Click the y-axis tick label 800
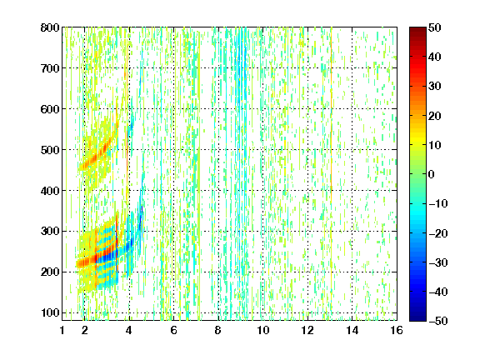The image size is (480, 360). point(50,27)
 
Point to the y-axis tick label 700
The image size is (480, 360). point(50,68)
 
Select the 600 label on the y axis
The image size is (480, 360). point(50,109)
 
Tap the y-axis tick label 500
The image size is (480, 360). point(50,150)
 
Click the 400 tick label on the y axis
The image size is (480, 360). point(50,191)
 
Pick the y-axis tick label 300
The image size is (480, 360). point(50,232)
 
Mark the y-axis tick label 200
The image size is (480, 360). point(50,272)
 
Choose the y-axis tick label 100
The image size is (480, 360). point(50,312)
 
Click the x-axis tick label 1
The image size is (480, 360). point(62,330)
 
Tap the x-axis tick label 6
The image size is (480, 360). point(173,330)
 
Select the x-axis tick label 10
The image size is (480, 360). point(263,330)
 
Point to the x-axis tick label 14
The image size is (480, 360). point(352,330)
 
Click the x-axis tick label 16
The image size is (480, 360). point(397,330)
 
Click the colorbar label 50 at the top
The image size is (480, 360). point(435,27)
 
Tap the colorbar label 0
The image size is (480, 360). point(432,174)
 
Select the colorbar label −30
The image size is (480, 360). point(438,262)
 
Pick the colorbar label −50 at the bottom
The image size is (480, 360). point(438,321)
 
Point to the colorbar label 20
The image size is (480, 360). point(435,116)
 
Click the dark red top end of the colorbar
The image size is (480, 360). point(417,29)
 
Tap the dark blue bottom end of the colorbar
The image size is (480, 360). point(417,319)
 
